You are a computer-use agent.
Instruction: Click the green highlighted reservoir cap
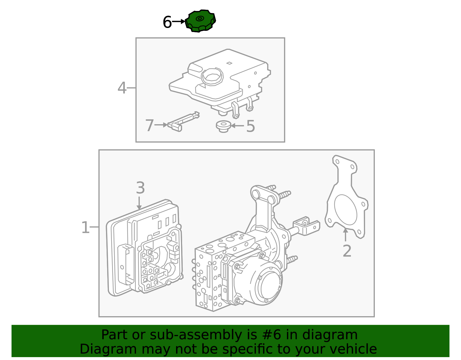tap(200, 21)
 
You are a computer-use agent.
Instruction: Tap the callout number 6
tap(167, 22)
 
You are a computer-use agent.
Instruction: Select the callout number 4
tap(122, 88)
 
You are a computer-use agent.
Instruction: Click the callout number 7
tap(150, 126)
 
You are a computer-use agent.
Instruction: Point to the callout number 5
tap(250, 126)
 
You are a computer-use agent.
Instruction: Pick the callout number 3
tap(140, 188)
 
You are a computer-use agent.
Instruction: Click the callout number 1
tap(85, 228)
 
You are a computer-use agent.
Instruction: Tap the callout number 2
tap(347, 251)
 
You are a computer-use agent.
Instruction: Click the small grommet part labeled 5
tap(223, 126)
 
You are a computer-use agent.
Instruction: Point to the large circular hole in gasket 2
tap(345, 210)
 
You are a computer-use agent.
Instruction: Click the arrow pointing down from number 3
tap(139, 203)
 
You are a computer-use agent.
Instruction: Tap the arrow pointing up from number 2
tap(345, 234)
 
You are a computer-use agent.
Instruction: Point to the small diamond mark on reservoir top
tap(229, 63)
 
